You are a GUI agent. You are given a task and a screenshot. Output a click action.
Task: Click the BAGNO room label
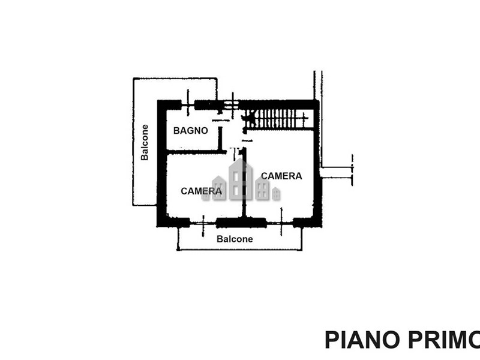pos(190,131)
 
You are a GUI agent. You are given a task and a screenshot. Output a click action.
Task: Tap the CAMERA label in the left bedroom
pos(201,191)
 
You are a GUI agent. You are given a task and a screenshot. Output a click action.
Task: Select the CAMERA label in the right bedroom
pos(281,176)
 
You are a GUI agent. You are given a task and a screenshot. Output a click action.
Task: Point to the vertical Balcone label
pos(145,142)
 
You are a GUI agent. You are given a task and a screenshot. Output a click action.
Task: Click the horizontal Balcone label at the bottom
pos(235,239)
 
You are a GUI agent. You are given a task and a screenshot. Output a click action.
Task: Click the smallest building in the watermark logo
pos(276,194)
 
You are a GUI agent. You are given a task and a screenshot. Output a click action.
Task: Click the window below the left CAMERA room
pos(203,224)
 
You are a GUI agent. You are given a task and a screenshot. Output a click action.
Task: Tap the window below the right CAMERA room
pos(280,223)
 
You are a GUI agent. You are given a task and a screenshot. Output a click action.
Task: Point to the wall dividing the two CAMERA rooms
pos(244,183)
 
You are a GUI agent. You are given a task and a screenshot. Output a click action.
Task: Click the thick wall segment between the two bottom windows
pos(241,223)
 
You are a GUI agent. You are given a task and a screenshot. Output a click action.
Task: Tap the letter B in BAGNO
pos(176,131)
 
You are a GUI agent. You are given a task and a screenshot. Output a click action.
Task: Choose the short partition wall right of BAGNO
pos(220,139)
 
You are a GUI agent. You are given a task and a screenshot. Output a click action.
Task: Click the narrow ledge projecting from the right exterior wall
pos(336,172)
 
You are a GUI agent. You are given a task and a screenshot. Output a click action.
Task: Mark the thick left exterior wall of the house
pos(161,164)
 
